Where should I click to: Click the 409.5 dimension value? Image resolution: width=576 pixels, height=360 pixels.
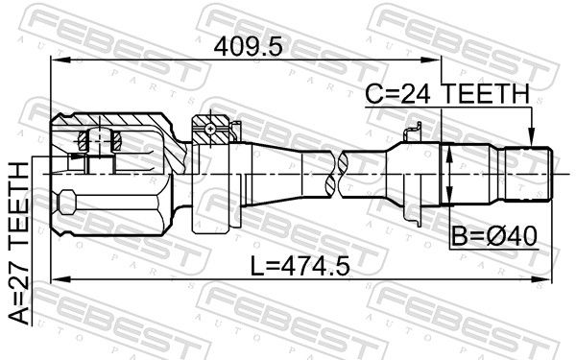pyautogui.click(x=249, y=47)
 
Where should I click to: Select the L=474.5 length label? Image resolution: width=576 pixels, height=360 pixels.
pyautogui.click(x=300, y=266)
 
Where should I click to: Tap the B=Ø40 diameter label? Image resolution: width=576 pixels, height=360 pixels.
pyautogui.click(x=494, y=236)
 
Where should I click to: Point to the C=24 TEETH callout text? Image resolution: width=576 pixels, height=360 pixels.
pyautogui.click(x=447, y=93)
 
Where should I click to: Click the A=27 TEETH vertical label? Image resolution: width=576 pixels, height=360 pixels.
pyautogui.click(x=19, y=243)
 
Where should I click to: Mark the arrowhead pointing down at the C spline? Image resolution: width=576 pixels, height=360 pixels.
pyautogui.click(x=531, y=137)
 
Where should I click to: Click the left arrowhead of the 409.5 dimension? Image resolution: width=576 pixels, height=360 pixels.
pyautogui.click(x=60, y=59)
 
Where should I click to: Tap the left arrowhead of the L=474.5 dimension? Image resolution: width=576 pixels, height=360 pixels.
pyautogui.click(x=60, y=280)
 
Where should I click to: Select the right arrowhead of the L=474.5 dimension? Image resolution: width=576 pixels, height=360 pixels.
pyautogui.click(x=542, y=280)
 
